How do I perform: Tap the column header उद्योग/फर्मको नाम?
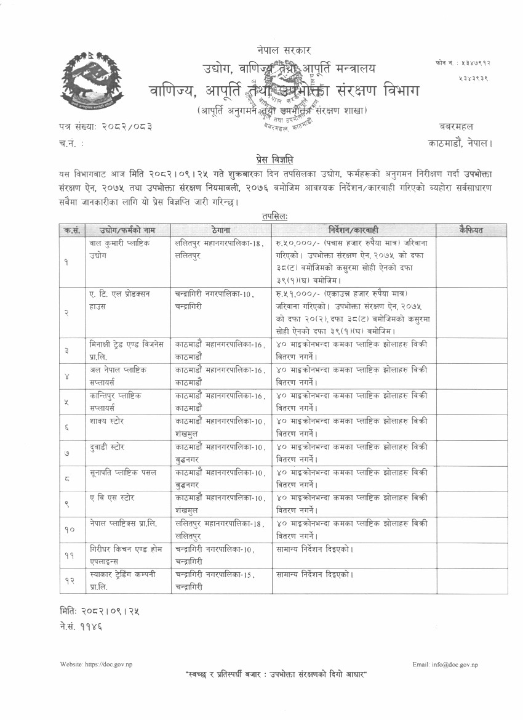119,230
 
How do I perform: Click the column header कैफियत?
471,230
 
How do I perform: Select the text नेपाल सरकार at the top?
284,49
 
